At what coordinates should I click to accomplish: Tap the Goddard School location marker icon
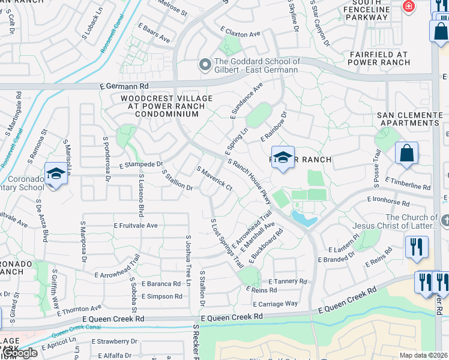pyautogui.click(x=205, y=64)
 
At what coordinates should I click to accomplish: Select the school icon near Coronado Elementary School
pyautogui.click(x=55, y=175)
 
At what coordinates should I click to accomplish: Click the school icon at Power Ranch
pyautogui.click(x=283, y=157)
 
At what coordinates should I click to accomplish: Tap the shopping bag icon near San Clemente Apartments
pyautogui.click(x=406, y=153)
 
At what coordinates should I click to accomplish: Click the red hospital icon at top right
pyautogui.click(x=408, y=7)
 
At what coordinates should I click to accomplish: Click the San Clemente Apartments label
pyautogui.click(x=409, y=119)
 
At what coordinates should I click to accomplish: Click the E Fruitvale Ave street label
pyautogui.click(x=135, y=226)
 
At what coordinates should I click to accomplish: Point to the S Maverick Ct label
pyautogui.click(x=214, y=179)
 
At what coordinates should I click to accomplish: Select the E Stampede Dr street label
pyautogui.click(x=140, y=164)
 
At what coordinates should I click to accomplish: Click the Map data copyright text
pyautogui.click(x=423, y=355)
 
